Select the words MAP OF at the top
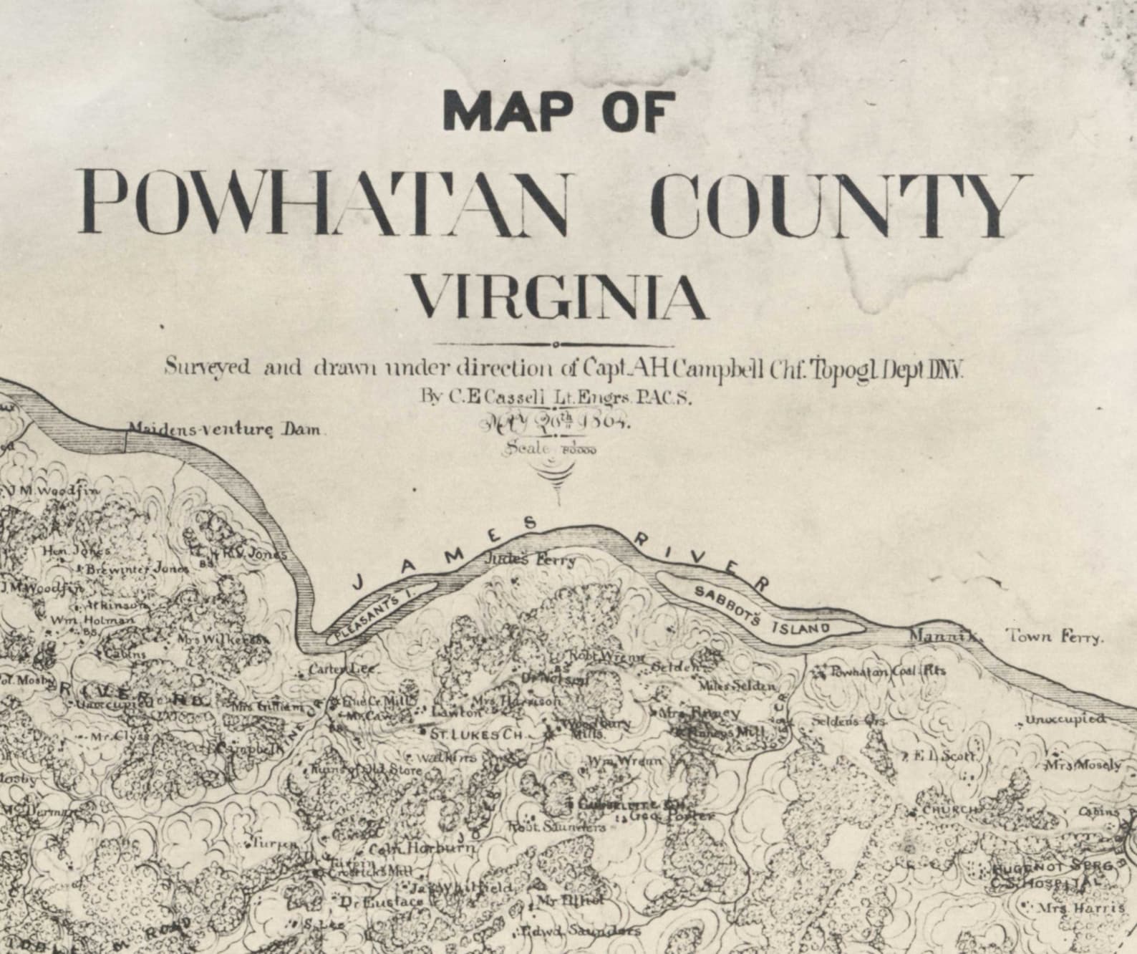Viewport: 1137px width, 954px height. (x=558, y=111)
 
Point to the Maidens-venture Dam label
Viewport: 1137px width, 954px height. (x=226, y=430)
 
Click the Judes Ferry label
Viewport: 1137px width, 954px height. (x=530, y=559)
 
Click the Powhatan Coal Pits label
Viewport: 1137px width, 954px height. (x=888, y=671)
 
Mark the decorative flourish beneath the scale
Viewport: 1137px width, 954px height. (x=556, y=478)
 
